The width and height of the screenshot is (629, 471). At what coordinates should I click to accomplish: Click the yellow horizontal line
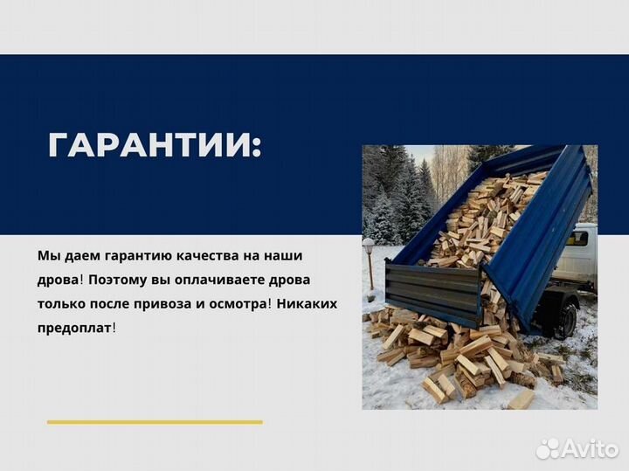[x=155, y=422]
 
